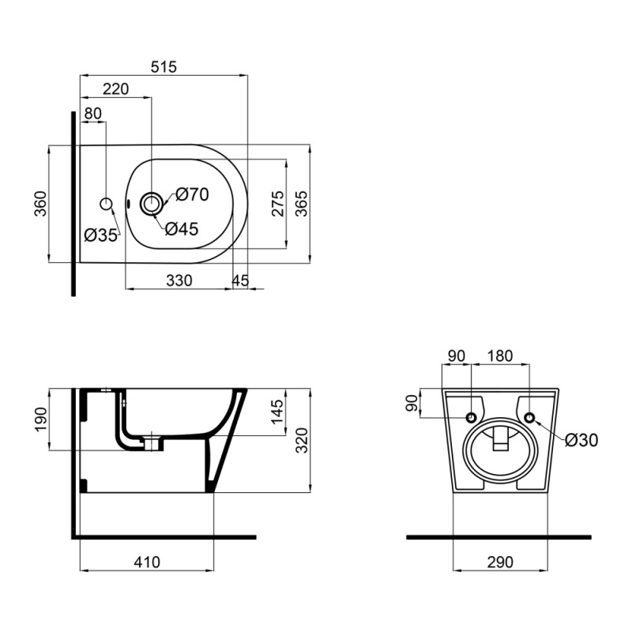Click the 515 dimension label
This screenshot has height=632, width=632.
[164, 67]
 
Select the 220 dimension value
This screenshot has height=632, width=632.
[115, 89]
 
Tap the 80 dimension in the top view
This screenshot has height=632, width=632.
[92, 113]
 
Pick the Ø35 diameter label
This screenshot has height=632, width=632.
[100, 234]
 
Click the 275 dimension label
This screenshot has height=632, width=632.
[277, 203]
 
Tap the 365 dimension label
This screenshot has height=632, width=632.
[301, 203]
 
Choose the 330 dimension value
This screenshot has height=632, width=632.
[179, 280]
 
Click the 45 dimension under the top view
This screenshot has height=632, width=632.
[240, 280]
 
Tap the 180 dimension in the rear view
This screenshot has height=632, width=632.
[499, 356]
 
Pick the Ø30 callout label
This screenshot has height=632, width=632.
[582, 441]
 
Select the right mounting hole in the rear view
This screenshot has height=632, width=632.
[529, 417]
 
